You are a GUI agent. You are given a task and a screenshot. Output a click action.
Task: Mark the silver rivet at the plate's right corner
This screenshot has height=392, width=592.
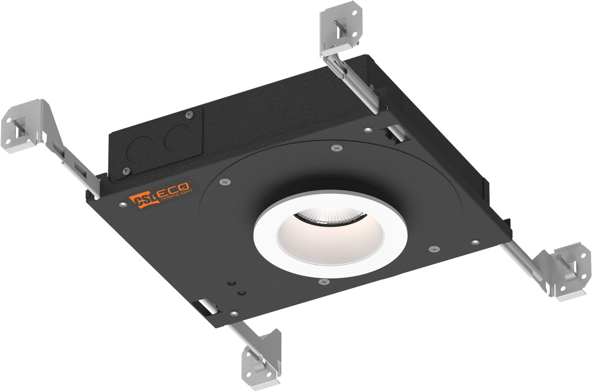coord(475,242)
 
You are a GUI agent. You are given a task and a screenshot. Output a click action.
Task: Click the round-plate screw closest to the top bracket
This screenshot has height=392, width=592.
coord(336,147)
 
